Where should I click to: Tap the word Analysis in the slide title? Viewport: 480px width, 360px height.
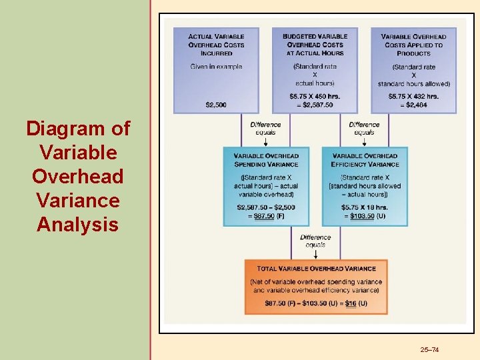coord(77,224)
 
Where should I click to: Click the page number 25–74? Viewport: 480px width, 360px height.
coord(430,350)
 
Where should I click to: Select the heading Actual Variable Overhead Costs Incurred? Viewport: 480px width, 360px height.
coord(216,45)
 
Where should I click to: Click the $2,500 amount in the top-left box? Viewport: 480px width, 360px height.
coord(216,105)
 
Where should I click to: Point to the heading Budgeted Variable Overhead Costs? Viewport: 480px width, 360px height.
coord(315,45)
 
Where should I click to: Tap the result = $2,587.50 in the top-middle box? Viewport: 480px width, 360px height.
coord(315,105)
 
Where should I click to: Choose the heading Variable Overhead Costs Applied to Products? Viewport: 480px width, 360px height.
coord(413,45)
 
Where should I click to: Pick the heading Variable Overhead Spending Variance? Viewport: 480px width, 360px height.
coord(266,160)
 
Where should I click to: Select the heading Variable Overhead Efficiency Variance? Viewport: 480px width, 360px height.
coord(365,160)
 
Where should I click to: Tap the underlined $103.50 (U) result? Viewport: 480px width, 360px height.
coord(367,216)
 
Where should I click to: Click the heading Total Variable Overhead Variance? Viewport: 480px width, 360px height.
coord(316,269)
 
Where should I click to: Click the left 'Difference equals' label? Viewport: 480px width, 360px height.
coord(265,128)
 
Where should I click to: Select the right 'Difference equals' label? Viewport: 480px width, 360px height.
coord(364,128)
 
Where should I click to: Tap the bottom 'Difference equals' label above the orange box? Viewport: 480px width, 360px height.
coord(315,241)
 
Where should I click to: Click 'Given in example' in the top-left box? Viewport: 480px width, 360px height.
coord(216,67)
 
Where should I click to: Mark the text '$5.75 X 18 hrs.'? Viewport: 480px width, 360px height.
coord(364,207)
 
